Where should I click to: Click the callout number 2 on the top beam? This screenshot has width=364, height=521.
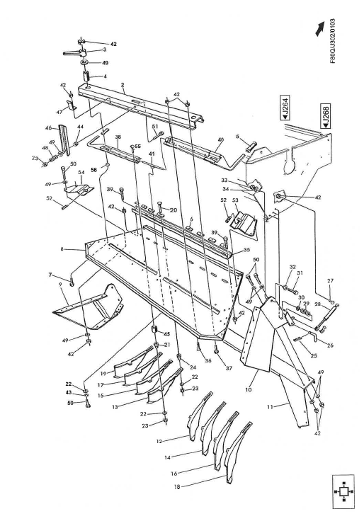(x=123, y=84)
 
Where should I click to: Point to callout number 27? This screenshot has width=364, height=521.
(x=329, y=281)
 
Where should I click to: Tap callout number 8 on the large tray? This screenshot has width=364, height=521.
(x=63, y=249)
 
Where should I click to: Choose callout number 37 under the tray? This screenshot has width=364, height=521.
(x=217, y=368)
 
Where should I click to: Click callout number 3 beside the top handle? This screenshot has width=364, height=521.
(x=104, y=50)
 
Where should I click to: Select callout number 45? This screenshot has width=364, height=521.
(x=168, y=335)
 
